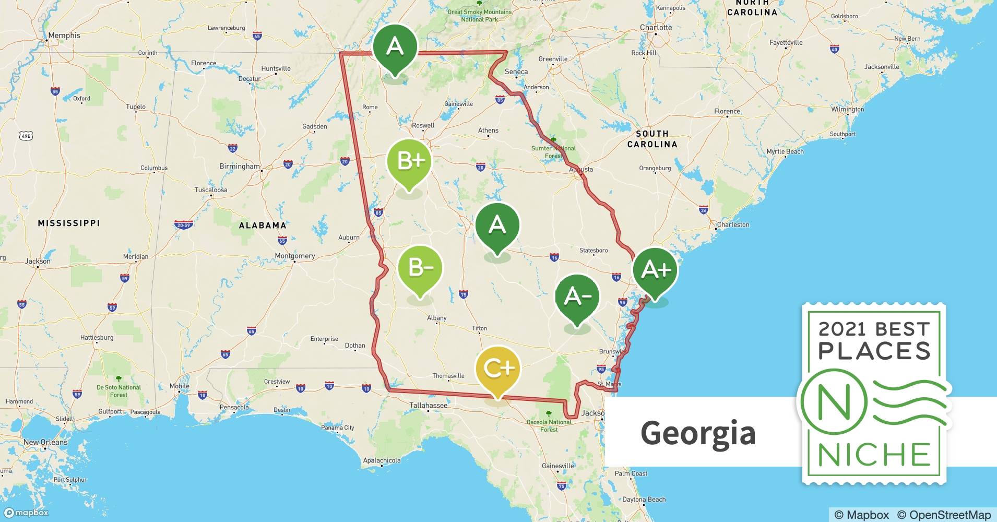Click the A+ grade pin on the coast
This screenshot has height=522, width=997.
click(x=655, y=269)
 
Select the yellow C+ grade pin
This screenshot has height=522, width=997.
click(x=498, y=369)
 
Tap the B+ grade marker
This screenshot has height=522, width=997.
click(x=410, y=161)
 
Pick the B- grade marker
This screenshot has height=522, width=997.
click(x=420, y=268)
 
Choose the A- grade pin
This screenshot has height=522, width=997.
click(x=577, y=296)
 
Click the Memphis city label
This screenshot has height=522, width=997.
click(x=64, y=35)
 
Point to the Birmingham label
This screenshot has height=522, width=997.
click(x=239, y=167)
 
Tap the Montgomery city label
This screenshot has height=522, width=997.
click(x=295, y=256)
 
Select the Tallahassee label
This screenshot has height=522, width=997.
click(x=428, y=405)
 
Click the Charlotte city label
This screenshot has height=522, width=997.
click(x=656, y=27)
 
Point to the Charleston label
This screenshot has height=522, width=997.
click(x=733, y=224)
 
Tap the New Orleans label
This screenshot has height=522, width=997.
click(x=45, y=442)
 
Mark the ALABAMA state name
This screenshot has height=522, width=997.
click(x=263, y=226)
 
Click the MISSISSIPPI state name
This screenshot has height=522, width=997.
click(x=69, y=223)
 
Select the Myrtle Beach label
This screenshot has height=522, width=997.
click(x=785, y=151)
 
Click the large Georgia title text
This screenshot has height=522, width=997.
click(x=698, y=433)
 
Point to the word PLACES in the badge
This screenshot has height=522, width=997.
click(x=874, y=351)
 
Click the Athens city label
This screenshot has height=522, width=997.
click(x=488, y=130)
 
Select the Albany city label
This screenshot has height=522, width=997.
click(x=436, y=318)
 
